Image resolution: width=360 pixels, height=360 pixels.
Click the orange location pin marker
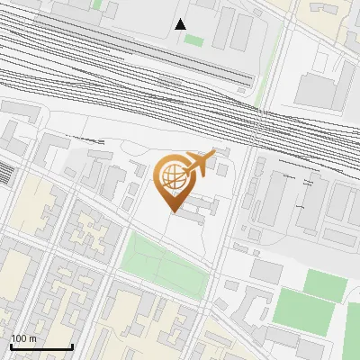pos(173,180)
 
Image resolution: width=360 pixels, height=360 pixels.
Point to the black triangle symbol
pos(181,24)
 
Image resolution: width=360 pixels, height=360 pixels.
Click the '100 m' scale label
pos(24,338)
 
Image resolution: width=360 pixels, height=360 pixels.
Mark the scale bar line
pos(41,346)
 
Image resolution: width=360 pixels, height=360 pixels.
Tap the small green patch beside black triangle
pos(194,40)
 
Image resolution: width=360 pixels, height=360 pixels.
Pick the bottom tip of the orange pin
pos(173,210)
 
